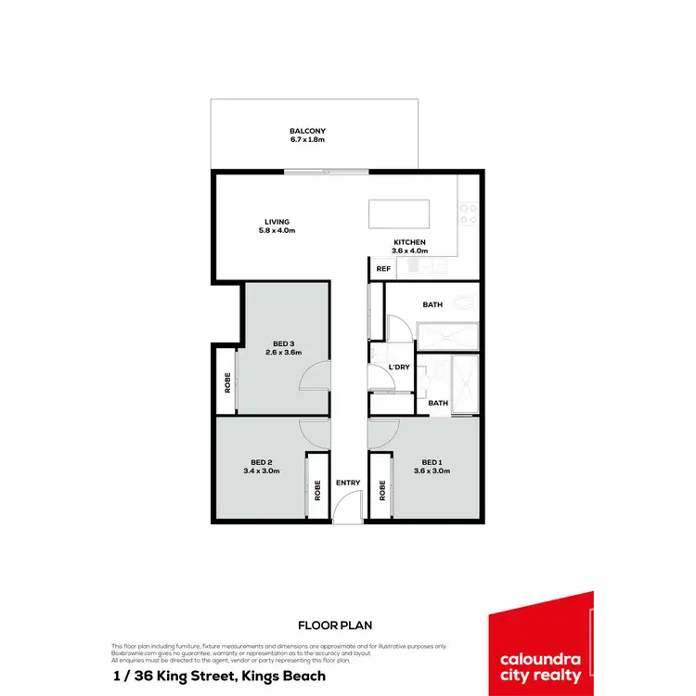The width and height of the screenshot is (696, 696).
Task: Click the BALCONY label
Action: click(x=306, y=131)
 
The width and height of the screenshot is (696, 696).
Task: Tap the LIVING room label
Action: click(x=277, y=222)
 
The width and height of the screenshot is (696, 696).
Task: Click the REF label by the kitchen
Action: click(x=382, y=269)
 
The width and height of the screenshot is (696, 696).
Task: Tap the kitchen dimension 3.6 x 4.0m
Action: click(x=409, y=251)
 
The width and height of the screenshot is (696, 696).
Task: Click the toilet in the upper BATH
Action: click(x=465, y=303)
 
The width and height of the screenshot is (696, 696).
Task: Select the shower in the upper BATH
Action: click(x=447, y=336)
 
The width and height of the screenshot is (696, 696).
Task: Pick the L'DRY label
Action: click(x=399, y=367)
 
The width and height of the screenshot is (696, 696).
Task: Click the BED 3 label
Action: click(x=283, y=342)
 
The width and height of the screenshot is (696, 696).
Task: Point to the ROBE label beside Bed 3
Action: click(x=227, y=381)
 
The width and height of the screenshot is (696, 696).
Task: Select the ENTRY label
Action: click(x=348, y=483)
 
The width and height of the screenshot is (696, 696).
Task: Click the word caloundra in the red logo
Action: click(x=540, y=660)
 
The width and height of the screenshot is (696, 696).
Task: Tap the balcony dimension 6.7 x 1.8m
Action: click(x=306, y=140)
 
